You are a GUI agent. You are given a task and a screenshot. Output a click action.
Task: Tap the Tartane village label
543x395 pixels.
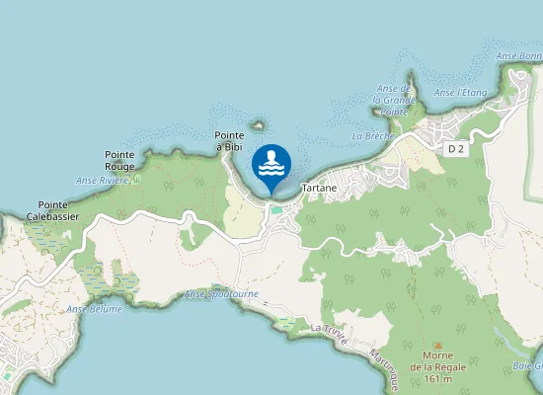point(318,188)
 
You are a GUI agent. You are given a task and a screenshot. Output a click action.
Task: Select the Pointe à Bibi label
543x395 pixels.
point(229,141)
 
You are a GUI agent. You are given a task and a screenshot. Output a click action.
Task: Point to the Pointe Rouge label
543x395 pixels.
point(119,160)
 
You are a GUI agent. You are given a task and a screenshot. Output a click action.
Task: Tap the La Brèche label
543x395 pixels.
point(372,135)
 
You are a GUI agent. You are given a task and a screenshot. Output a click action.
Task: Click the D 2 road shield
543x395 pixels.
point(455,148)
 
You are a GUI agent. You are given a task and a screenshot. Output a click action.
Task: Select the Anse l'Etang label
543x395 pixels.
point(461,93)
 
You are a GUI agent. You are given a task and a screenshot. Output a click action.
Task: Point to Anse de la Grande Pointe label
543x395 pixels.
point(393,100)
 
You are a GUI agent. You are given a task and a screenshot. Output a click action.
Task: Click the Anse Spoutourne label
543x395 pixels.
point(222,294)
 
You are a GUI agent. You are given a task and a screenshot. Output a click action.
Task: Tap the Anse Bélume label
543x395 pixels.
point(95,309)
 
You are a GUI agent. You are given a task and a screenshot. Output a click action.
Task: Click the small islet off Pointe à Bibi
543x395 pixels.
point(260,125)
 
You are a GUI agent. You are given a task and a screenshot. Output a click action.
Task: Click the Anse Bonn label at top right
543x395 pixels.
point(520,56)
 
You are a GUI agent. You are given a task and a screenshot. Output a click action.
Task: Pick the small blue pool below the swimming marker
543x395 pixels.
point(276,208)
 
